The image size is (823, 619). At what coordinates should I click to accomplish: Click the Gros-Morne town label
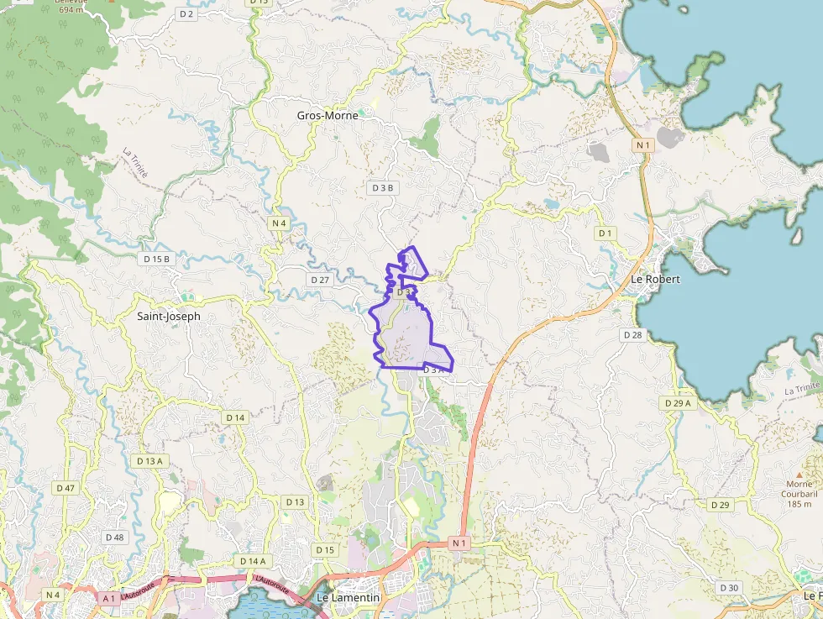coord(328,115)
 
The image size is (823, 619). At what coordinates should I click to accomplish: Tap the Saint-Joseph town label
coord(169,317)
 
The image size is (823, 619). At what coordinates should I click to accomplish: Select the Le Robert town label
coord(655,279)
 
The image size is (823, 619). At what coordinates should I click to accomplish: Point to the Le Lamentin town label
coord(349,597)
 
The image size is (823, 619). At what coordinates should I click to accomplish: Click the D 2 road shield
coord(186,14)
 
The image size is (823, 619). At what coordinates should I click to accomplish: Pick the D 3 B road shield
coord(383,188)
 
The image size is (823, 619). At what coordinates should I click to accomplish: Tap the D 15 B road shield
coord(156,259)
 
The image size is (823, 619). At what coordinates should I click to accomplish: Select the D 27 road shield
coord(320,279)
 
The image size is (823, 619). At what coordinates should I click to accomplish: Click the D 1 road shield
coord(605,233)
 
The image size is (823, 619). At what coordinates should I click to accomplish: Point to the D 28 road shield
coord(632,334)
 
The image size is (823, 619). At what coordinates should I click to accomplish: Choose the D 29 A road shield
coord(678,403)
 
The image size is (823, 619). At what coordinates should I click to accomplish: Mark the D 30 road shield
coord(729,587)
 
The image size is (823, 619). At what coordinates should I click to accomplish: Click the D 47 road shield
coord(65,488)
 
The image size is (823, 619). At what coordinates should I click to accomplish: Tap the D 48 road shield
coord(114,537)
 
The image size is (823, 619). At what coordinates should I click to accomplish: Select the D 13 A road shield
coord(149,460)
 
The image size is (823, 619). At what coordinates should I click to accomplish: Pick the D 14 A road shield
coord(252,561)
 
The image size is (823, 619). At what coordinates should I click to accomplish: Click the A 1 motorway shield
coord(107,598)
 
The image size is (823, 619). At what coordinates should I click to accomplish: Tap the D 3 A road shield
coord(433,370)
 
